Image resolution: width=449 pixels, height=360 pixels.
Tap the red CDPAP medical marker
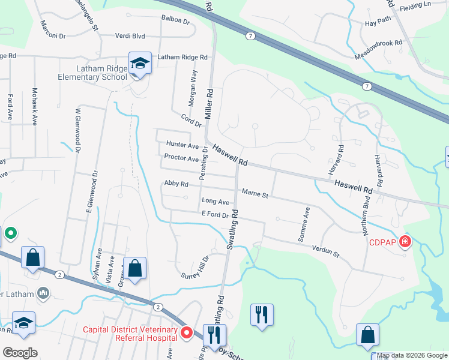point(406,242)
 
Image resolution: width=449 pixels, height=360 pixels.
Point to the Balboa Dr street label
point(175,19)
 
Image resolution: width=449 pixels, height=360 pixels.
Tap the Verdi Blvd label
point(131,35)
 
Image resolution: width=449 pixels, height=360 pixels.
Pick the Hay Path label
point(378,23)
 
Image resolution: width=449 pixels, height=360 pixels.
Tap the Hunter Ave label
point(182,146)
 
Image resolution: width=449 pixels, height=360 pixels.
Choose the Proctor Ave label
point(181,159)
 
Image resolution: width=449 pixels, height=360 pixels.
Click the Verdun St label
point(326,251)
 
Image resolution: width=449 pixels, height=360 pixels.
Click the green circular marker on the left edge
point(10,233)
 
